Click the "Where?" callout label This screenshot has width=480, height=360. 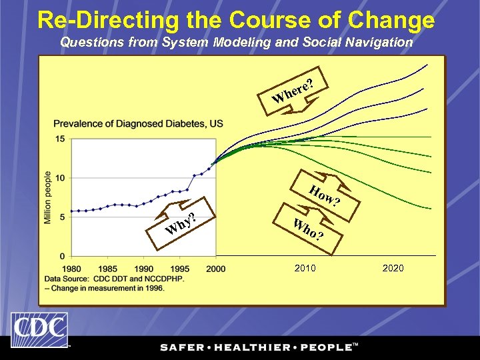pyautogui.click(x=292, y=93)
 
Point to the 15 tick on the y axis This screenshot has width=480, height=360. pyautogui.click(x=60, y=139)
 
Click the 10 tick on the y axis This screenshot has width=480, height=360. pyautogui.click(x=60, y=178)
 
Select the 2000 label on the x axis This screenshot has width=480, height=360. pyautogui.click(x=215, y=269)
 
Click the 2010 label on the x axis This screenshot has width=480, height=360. pyautogui.click(x=305, y=268)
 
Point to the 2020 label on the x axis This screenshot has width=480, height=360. pyautogui.click(x=393, y=268)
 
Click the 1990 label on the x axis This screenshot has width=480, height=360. pyautogui.click(x=143, y=269)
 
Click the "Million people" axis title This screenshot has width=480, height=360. pyautogui.click(x=48, y=197)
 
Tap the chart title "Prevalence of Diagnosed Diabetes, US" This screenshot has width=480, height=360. pyautogui.click(x=138, y=123)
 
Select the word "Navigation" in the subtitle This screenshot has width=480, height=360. pyautogui.click(x=379, y=42)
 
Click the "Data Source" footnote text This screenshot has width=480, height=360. pyautogui.click(x=114, y=278)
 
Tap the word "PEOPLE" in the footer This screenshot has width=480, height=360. pyautogui.click(x=325, y=347)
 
